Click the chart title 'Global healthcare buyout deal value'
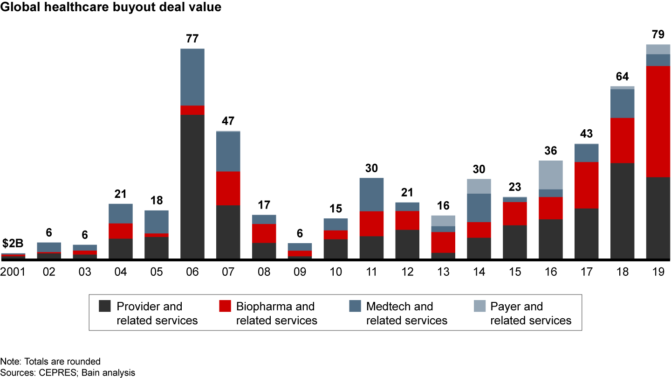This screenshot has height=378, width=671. pos(111,7)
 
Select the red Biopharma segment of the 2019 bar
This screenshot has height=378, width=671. pos(658,121)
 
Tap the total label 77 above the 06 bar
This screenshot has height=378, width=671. pos(192,39)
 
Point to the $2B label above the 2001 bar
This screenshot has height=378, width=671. pos(13,244)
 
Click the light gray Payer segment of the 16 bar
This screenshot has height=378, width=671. pos(551,175)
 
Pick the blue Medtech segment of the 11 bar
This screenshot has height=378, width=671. pos(371,195)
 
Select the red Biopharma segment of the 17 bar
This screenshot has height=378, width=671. pos(586,185)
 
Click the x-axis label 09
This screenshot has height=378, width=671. pos(300,272)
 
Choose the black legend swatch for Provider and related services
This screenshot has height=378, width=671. pos(105,307)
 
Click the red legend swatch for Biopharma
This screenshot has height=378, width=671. pos(225,307)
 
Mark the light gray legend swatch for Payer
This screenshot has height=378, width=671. pos(479,307)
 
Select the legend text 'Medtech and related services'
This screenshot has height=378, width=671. pos(406,314)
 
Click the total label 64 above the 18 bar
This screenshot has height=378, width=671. pos(622,77)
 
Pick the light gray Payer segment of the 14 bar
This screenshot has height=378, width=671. pos(479,186)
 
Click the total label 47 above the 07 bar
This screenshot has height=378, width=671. pos(228,121)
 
